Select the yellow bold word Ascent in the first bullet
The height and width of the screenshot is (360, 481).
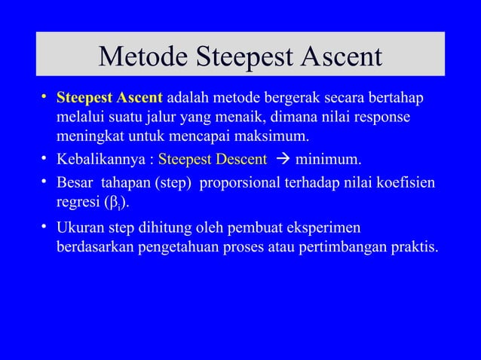(x=138, y=99)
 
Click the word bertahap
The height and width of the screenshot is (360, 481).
(x=397, y=99)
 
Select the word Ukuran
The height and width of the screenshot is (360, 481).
(x=80, y=227)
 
